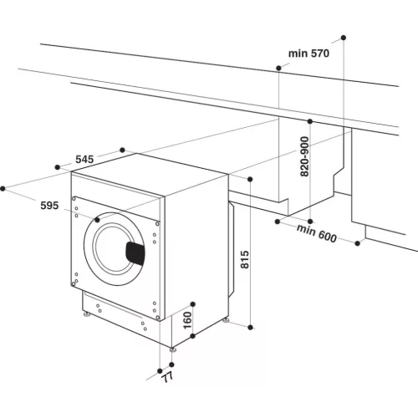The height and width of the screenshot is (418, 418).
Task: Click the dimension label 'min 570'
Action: click(x=310, y=54)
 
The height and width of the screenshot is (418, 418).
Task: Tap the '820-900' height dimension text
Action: click(x=305, y=156)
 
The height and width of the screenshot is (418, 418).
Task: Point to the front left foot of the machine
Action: click(x=86, y=315)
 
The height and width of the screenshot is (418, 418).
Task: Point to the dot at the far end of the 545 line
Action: click(x=124, y=150)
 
